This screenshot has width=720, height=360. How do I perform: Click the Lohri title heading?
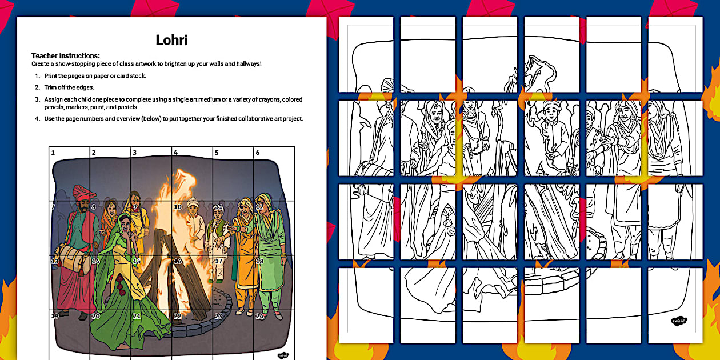(x=171, y=40)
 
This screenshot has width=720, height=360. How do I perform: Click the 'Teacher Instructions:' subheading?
(x=66, y=55)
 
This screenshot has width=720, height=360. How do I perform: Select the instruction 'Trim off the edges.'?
(x=69, y=87)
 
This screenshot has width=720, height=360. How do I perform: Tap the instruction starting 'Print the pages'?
(x=95, y=76)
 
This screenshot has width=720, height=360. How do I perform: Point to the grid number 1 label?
(x=53, y=153)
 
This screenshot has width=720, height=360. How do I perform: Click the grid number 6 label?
(x=258, y=153)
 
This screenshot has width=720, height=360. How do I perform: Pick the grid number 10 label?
(x=178, y=207)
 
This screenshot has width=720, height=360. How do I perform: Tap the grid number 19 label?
(x=55, y=317)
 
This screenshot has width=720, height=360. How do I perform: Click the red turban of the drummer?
(x=83, y=192)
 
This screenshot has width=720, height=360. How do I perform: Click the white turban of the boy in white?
(x=194, y=201)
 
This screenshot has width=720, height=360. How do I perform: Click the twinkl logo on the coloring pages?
(x=678, y=321)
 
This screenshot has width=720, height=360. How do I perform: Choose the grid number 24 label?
(x=259, y=317)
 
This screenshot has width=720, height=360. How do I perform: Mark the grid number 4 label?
(x=175, y=153)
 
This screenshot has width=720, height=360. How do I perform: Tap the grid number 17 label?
(x=218, y=261)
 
